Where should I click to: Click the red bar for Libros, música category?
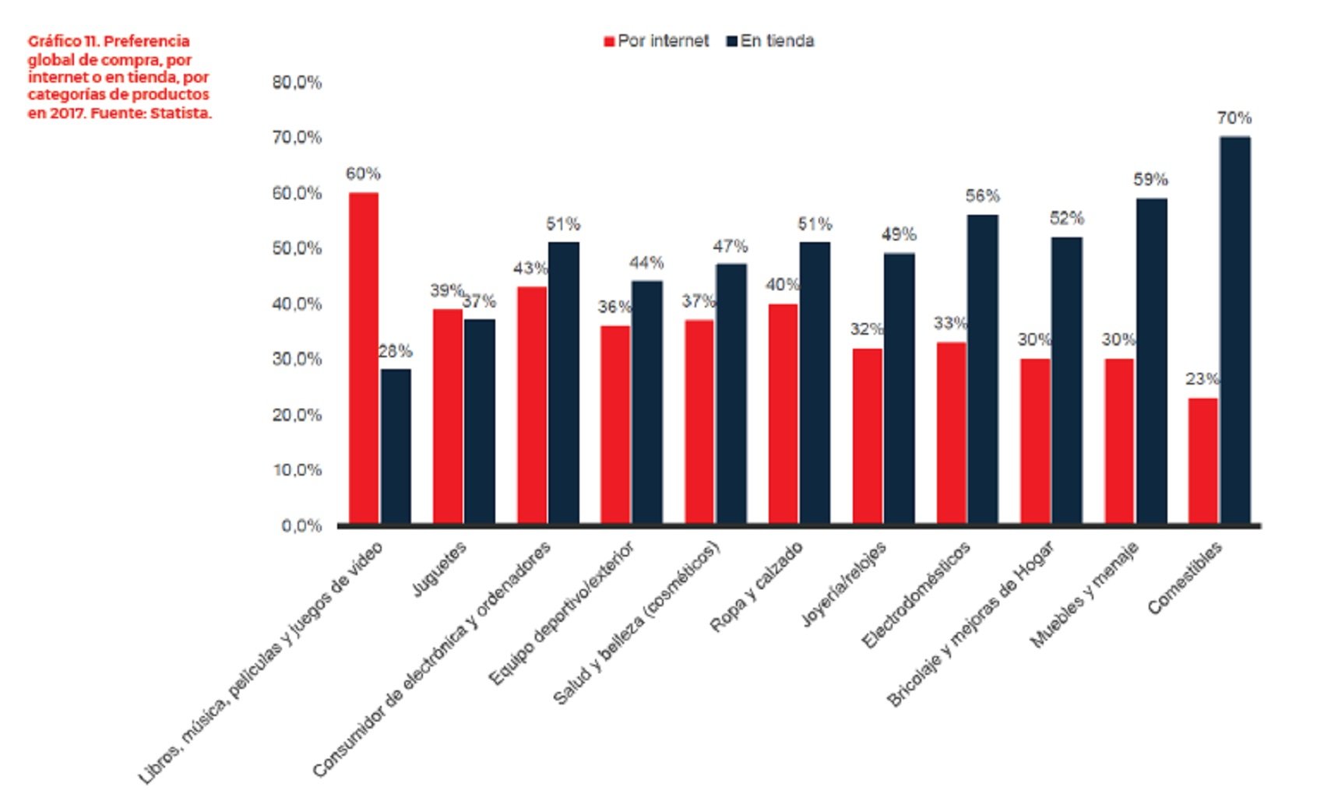364,358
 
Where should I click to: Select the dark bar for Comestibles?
1234,330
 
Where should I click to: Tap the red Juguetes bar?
448,416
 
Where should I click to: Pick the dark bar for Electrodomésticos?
982,369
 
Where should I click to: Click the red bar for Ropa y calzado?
783,413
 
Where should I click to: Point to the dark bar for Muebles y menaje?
1151,361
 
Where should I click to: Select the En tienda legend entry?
770,41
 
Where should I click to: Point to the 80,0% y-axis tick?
297,83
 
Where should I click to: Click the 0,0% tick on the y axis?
302,526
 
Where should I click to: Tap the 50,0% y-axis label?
297,248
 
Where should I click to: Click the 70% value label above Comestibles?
1234,118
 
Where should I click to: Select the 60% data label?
363,174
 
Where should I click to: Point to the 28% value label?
396,352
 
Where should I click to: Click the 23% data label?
1202,379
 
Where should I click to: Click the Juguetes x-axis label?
439,569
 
